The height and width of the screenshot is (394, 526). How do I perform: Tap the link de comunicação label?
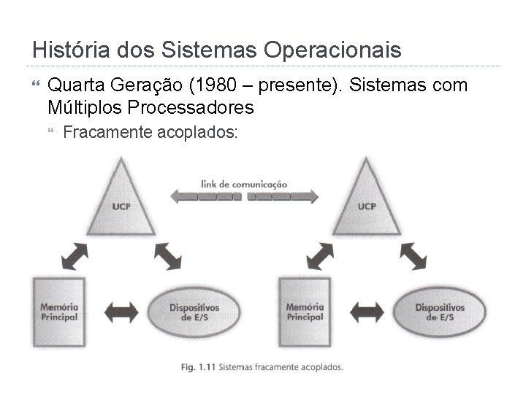pos(244,184)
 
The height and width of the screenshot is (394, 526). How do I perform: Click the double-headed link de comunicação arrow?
pos(244,196)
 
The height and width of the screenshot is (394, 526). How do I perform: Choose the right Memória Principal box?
pos(305,311)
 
